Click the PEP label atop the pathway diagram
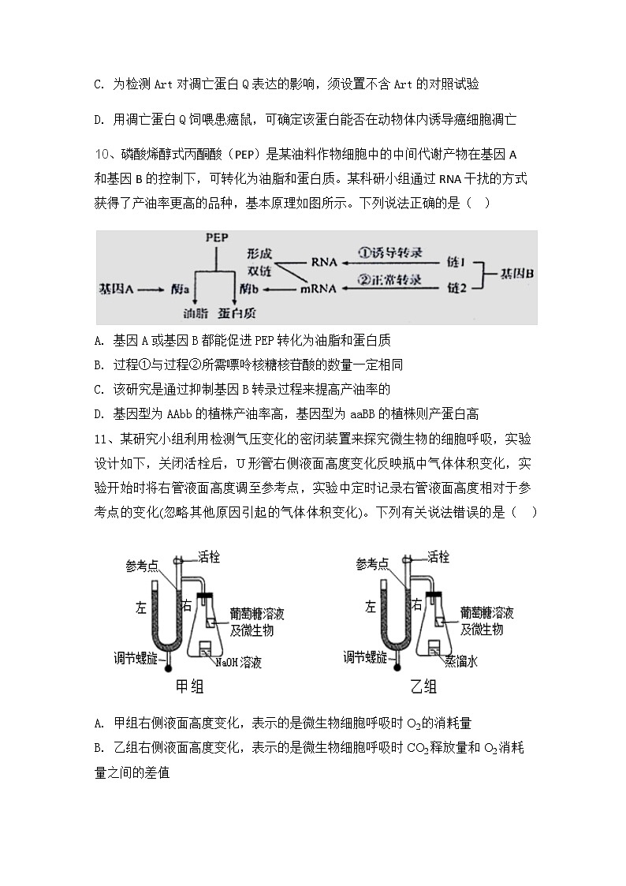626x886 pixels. [216, 237]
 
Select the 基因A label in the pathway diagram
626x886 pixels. [116, 289]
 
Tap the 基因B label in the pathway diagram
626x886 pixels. [518, 274]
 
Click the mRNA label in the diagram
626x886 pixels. [319, 289]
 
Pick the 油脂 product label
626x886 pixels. [195, 312]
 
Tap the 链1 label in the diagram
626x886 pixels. [456, 260]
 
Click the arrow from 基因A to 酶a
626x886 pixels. [150, 289]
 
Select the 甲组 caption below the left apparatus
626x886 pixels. [188, 686]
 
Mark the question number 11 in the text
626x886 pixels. [102, 439]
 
